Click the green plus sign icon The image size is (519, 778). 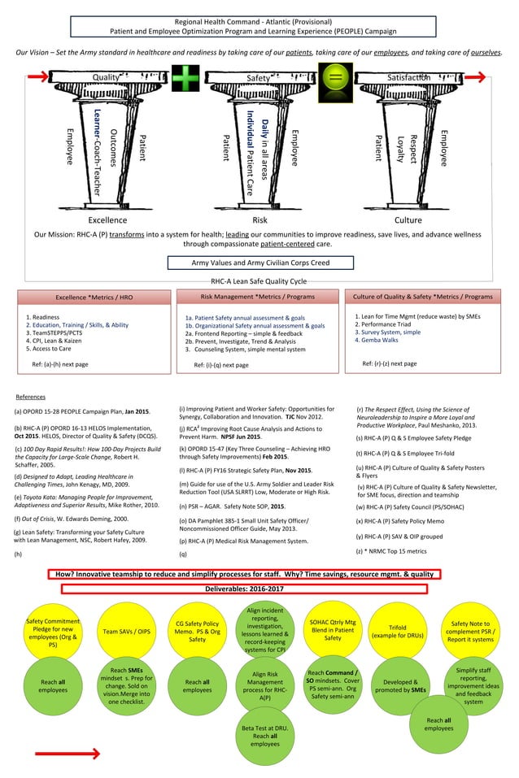tap(185, 79)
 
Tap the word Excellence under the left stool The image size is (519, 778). tap(107, 219)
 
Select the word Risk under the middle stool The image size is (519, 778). tap(260, 219)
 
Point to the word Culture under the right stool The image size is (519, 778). tap(408, 219)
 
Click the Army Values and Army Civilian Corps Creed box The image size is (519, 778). tap(260, 263)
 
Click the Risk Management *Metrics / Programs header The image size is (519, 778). tap(258, 297)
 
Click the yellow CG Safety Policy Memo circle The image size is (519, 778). tap(197, 631)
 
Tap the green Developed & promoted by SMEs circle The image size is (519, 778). tap(399, 687)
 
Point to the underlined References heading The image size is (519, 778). tap(31, 396)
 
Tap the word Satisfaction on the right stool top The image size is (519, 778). tap(408, 77)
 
